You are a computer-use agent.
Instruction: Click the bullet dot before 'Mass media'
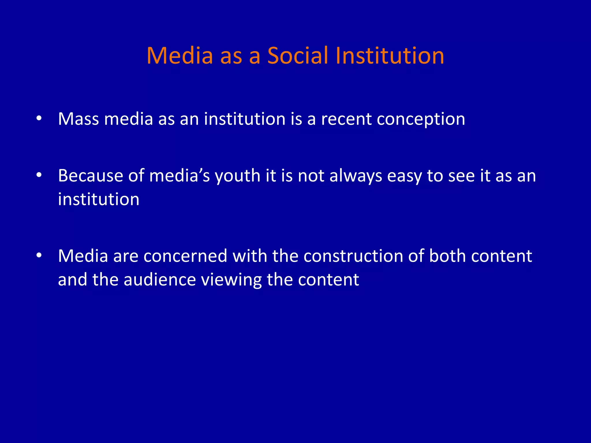pyautogui.click(x=39, y=119)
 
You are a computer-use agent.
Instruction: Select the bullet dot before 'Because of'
pyautogui.click(x=39, y=175)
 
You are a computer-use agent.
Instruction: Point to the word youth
pyautogui.click(x=237, y=176)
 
